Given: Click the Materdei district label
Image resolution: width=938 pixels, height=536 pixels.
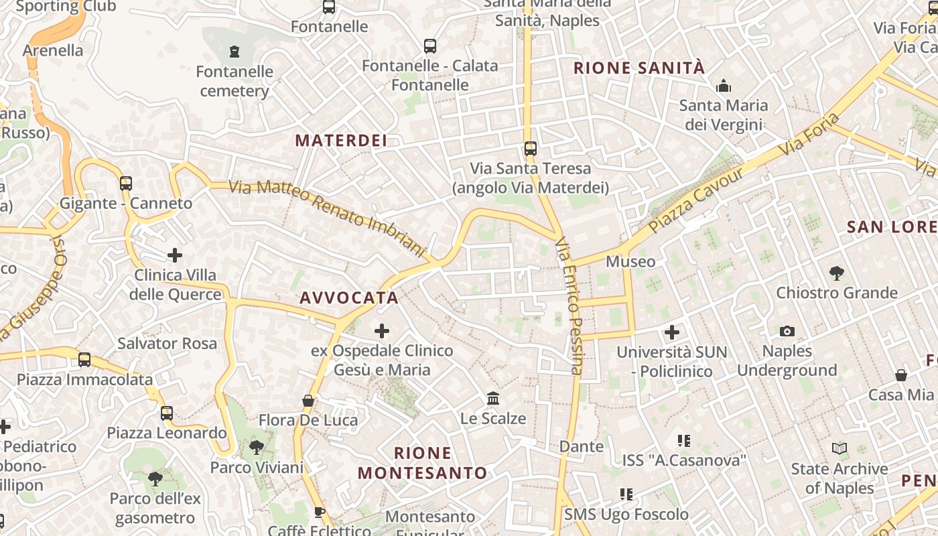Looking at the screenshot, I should [x=341, y=140].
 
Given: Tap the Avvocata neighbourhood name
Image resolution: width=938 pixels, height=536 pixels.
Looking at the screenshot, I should [x=349, y=297].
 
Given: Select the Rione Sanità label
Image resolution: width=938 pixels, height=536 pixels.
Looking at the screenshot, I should [x=639, y=68].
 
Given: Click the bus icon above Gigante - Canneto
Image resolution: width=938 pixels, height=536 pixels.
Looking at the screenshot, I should [x=126, y=183].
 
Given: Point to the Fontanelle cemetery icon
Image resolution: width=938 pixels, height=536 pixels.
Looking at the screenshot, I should [x=234, y=51].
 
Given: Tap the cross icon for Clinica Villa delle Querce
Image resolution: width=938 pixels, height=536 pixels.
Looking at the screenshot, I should [x=175, y=255].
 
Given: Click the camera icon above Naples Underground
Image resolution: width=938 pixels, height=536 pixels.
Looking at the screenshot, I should [x=787, y=331].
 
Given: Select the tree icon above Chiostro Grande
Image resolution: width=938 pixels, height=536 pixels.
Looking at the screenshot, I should [x=836, y=273].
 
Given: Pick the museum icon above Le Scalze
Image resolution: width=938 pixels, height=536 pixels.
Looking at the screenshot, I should [x=493, y=399].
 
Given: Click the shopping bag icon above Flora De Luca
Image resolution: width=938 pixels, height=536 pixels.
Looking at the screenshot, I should [x=308, y=401].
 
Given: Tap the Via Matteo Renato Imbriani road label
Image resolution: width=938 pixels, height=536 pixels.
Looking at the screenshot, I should [x=328, y=218].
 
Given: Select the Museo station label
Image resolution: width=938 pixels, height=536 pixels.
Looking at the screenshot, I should [x=630, y=261].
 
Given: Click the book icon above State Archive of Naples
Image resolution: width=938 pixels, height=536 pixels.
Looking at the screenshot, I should [x=839, y=449].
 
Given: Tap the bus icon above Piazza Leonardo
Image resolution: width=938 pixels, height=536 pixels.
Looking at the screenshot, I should [x=167, y=413].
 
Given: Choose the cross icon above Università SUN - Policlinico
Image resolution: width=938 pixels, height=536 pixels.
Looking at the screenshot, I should [x=671, y=332].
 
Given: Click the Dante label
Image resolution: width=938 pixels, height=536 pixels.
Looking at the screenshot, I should [x=581, y=446].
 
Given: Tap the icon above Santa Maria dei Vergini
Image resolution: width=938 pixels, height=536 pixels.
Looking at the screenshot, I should [x=724, y=86].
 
